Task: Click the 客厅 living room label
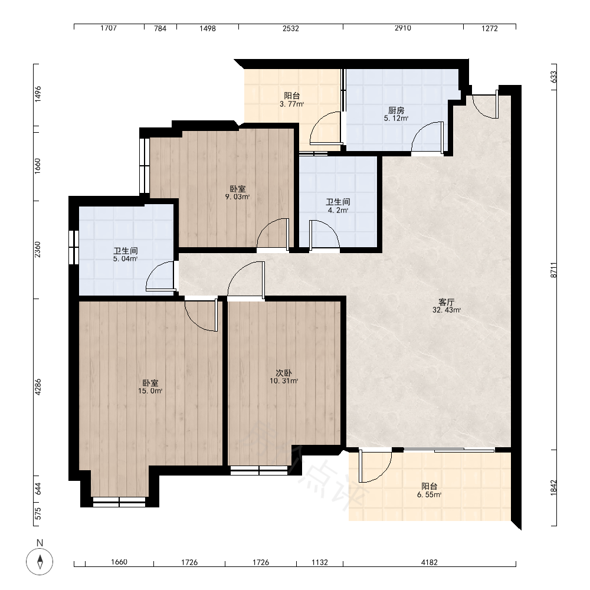click(447, 302)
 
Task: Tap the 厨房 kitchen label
click(396, 110)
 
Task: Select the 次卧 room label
click(284, 373)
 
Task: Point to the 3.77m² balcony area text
click(291, 104)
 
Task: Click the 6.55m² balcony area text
click(429, 495)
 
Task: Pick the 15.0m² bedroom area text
click(150, 391)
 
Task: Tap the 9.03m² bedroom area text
click(237, 197)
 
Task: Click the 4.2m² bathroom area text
click(338, 211)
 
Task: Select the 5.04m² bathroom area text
click(125, 259)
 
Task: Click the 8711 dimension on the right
click(553, 270)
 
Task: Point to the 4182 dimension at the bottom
click(430, 562)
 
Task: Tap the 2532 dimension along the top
click(291, 28)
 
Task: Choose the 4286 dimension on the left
click(38, 387)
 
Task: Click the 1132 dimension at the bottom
click(319, 562)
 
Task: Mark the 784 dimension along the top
click(160, 28)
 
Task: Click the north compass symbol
click(40, 562)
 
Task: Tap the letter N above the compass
click(40, 543)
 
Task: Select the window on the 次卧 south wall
click(259, 470)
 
